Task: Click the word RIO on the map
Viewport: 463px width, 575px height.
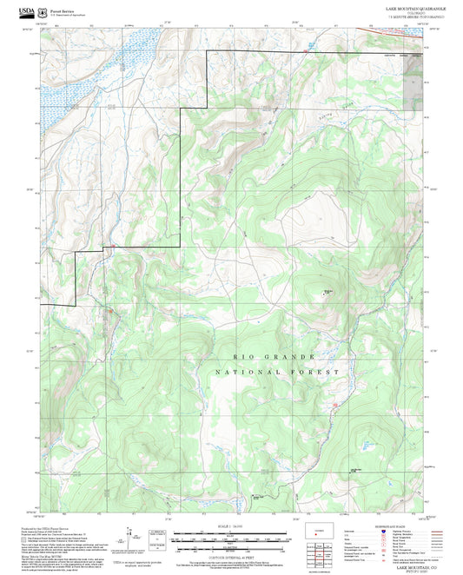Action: [x=240, y=357]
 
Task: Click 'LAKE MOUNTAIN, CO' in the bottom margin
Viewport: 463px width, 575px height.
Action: [x=415, y=565]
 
